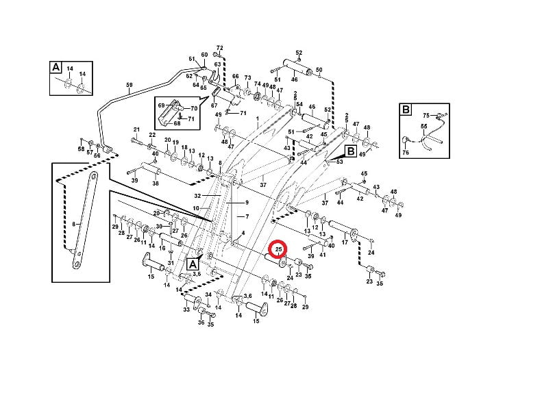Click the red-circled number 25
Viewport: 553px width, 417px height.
[279, 250]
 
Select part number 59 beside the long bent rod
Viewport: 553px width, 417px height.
[129, 85]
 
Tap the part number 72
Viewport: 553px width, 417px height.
[220, 48]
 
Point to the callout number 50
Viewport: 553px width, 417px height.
[319, 70]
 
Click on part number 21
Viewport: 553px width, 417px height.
[136, 129]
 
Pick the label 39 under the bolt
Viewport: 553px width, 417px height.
[134, 180]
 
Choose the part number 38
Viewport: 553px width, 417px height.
[156, 184]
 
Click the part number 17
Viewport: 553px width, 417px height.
[345, 242]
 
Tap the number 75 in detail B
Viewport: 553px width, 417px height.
[426, 116]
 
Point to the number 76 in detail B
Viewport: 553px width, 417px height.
[405, 153]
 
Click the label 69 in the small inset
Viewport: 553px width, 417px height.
[162, 106]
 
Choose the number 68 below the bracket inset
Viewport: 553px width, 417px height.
[176, 124]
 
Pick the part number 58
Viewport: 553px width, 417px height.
[80, 149]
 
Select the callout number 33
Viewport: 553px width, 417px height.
[186, 309]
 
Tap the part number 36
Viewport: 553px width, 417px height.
[201, 322]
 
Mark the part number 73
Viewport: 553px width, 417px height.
[247, 78]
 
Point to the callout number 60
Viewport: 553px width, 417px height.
[204, 55]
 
